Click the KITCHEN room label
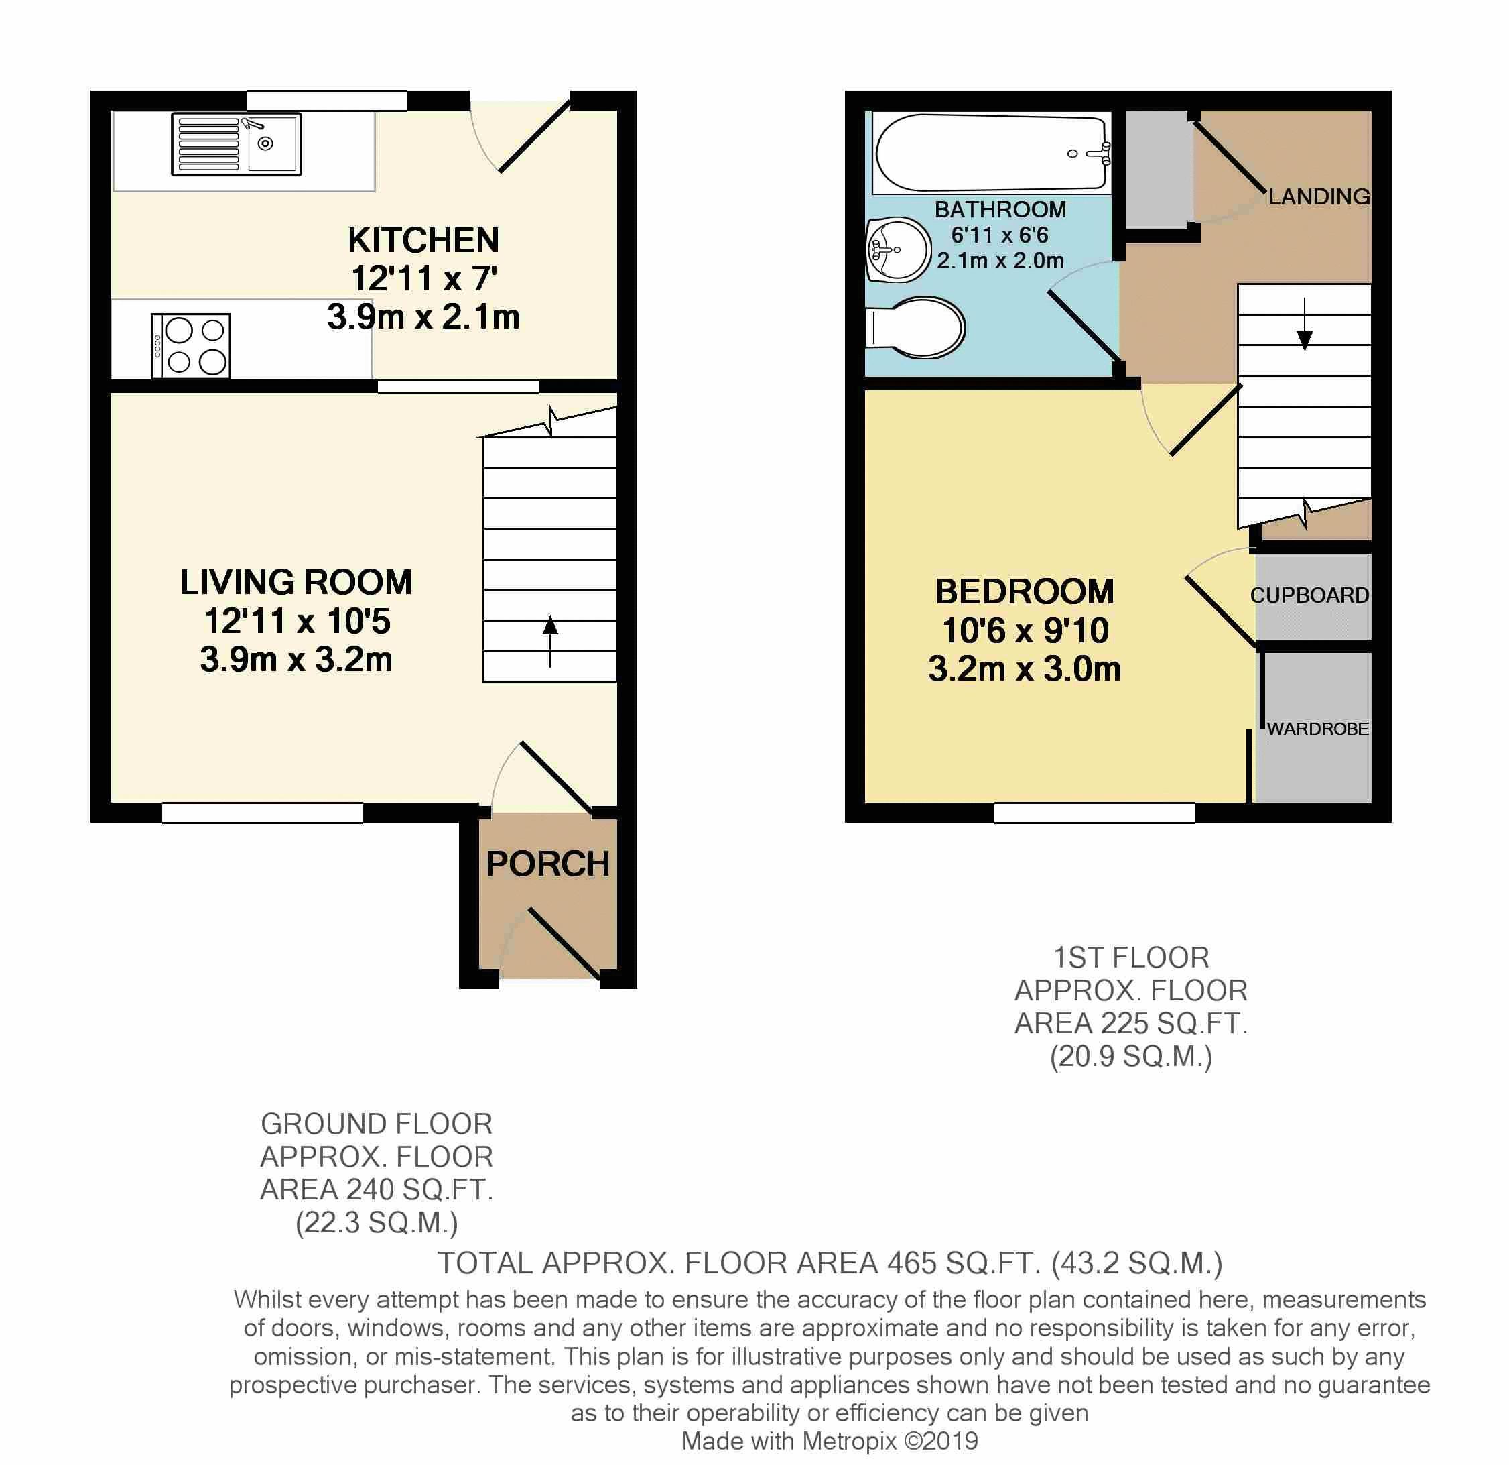423,240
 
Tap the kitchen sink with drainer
237,144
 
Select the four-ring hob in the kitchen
191,345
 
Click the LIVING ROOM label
296,582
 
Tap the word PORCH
547,864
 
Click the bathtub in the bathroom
992,152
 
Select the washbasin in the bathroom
899,249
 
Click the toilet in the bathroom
915,327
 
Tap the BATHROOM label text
1000,209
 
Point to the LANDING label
1319,196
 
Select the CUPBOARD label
1309,595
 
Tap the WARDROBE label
1318,729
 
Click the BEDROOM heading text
1025,591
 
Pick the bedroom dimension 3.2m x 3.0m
1024,668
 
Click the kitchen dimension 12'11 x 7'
424,279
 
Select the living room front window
263,813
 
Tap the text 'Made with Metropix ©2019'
830,1440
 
